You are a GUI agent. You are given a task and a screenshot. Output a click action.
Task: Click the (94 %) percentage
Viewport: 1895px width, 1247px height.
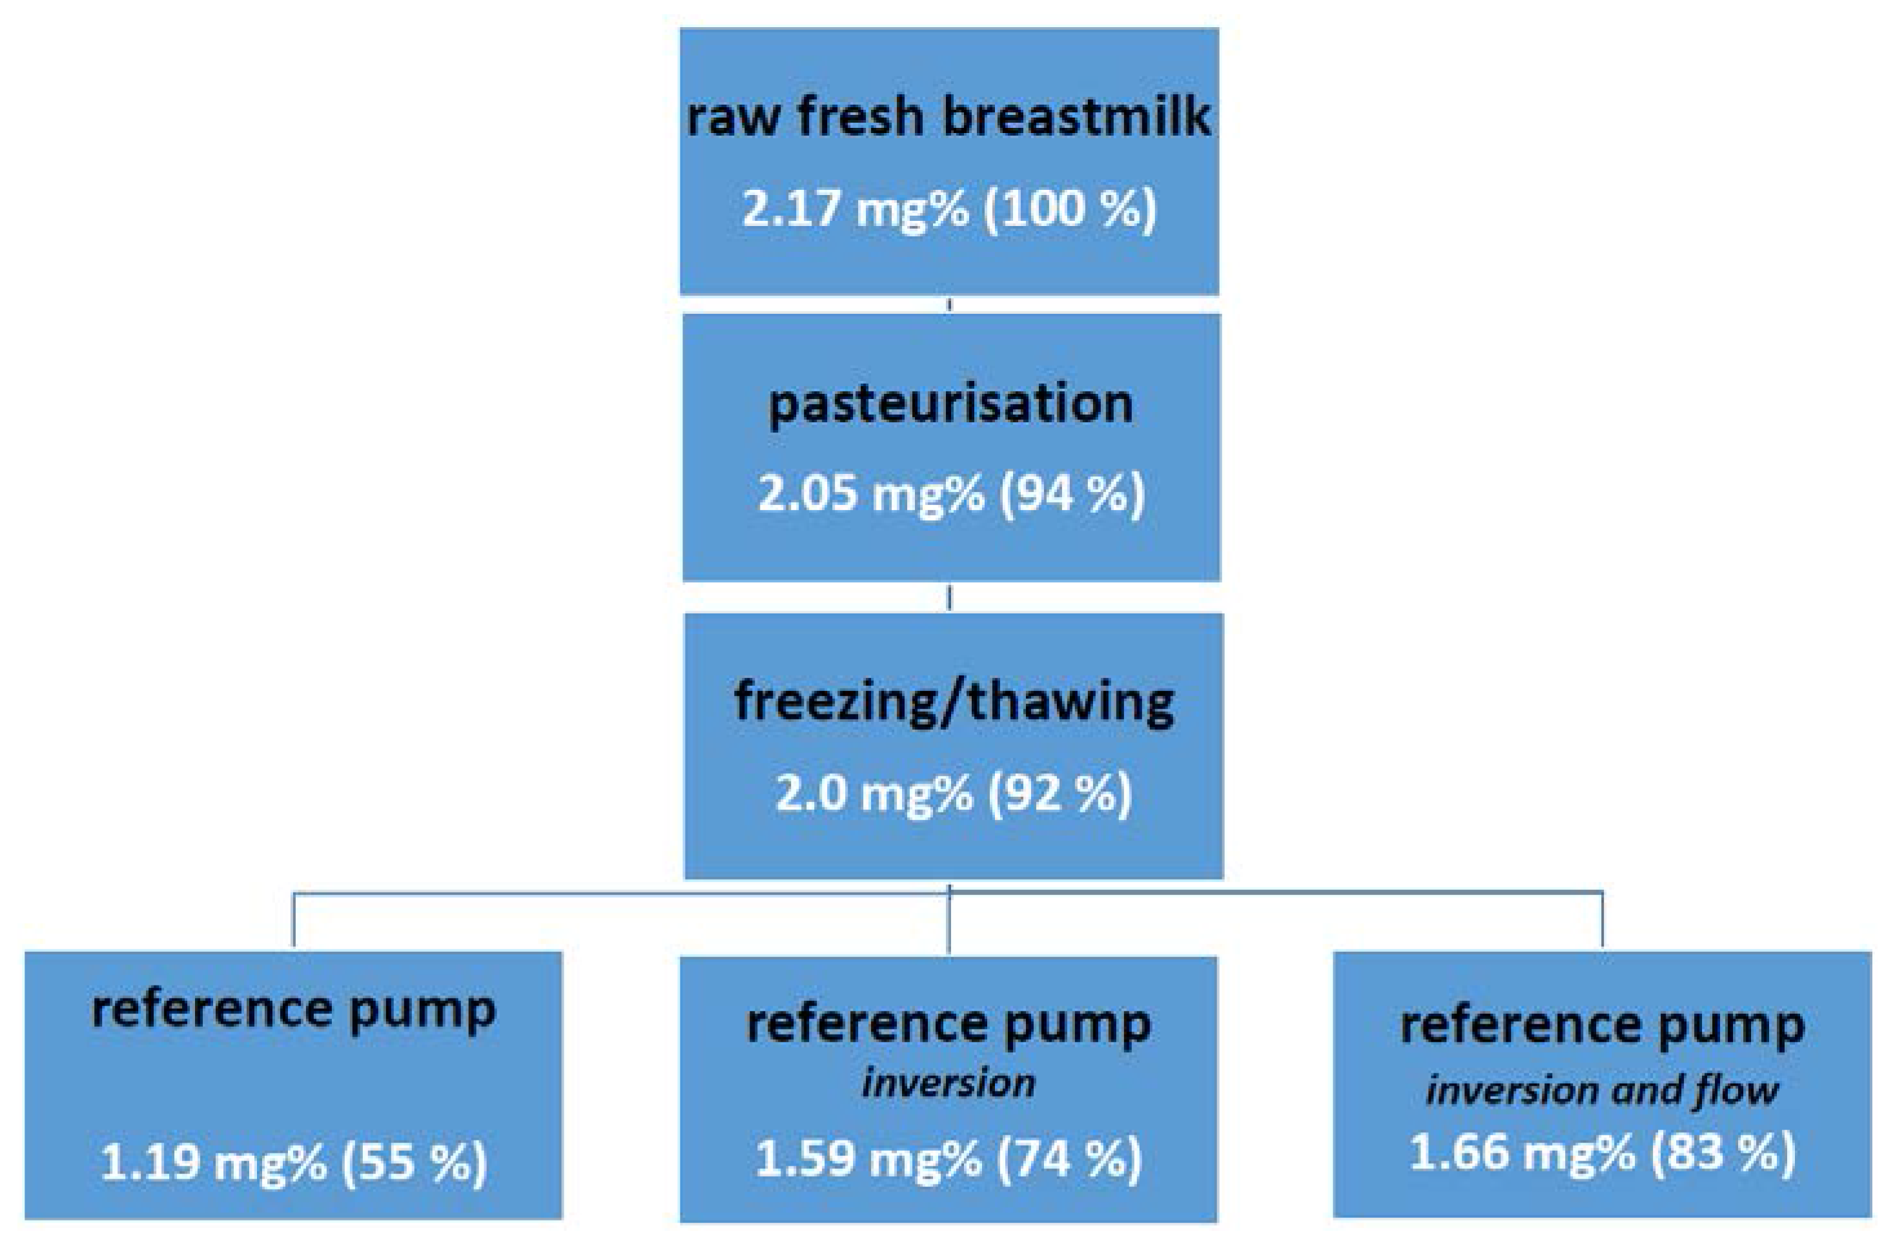(x=1072, y=494)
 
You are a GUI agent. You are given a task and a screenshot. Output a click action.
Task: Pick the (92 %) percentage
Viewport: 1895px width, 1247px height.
(x=1059, y=794)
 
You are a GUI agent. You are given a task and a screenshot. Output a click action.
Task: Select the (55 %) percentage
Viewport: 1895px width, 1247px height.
(x=413, y=1162)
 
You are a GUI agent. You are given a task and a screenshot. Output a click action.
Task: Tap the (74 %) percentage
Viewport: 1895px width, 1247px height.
(x=1069, y=1159)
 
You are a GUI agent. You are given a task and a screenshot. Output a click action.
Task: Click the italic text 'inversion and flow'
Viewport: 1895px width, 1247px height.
(x=1601, y=1090)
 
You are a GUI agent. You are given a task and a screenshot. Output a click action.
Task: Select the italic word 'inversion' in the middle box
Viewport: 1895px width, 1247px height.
(x=948, y=1084)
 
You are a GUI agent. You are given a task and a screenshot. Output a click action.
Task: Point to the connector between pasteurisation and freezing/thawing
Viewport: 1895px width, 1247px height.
(x=949, y=597)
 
